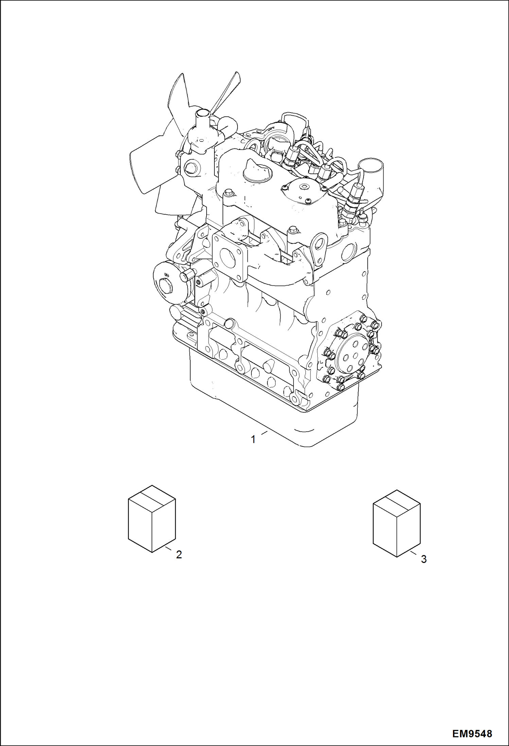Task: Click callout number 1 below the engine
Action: (x=253, y=440)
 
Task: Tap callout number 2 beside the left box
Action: (x=179, y=555)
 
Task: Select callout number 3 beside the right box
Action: (x=423, y=559)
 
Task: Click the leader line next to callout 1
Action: (x=264, y=433)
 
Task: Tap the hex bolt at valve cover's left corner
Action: (x=228, y=193)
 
